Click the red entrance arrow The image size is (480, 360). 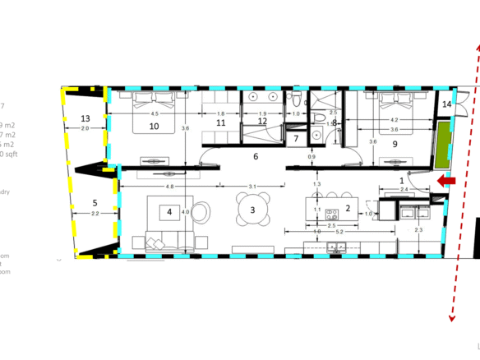(445, 181)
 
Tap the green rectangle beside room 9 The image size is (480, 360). (445, 141)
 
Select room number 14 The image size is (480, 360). (446, 105)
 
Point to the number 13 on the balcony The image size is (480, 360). (85, 118)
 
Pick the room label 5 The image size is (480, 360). (95, 202)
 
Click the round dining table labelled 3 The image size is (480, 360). (253, 209)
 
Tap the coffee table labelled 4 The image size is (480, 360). (169, 212)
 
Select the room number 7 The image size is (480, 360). (297, 138)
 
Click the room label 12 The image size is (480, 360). (262, 122)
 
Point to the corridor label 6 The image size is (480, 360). (256, 156)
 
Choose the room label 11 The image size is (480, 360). (221, 123)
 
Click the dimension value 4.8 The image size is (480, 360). (169, 187)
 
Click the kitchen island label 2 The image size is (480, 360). (348, 209)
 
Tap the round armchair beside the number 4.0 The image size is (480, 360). (201, 212)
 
